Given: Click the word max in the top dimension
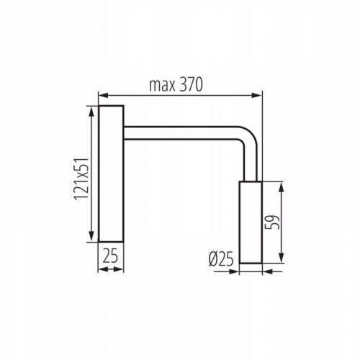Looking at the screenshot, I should (163, 84).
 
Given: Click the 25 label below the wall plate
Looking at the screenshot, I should (110, 256).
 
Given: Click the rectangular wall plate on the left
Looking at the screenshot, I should (110, 173).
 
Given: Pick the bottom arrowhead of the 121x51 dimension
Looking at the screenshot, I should (91, 238).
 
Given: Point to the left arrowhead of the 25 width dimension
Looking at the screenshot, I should (102, 270).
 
